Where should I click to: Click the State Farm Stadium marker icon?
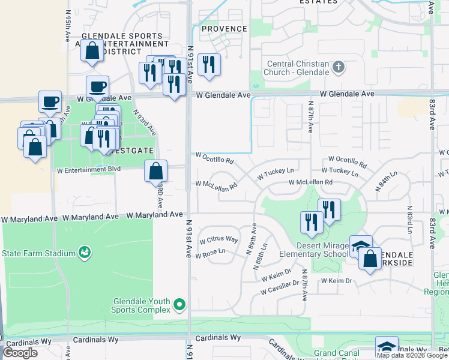85,253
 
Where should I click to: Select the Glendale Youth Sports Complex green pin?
179,305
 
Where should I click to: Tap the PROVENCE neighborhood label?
224,29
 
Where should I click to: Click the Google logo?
20,352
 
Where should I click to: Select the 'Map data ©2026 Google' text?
412,355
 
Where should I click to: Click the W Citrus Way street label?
219,239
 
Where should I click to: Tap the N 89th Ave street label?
252,240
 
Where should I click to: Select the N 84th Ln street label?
387,181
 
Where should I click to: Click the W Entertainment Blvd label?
89,170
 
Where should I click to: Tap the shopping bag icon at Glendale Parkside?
370,259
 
